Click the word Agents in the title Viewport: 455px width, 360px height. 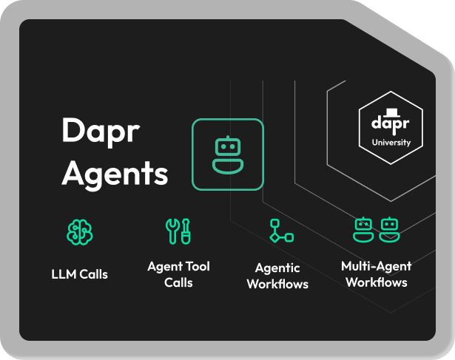[115, 173]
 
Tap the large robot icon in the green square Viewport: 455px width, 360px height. [227, 154]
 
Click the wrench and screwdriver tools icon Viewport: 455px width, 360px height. [178, 231]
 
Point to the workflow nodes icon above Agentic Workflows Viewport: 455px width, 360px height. [280, 231]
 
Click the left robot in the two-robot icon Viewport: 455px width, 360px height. [362, 229]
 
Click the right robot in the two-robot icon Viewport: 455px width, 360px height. [389, 229]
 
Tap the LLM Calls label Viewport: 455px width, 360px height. [79, 274]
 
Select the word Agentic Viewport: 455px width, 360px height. [277, 268]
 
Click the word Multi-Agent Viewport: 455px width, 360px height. [376, 266]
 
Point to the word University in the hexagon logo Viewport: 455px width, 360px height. [391, 142]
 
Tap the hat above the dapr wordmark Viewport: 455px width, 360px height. [391, 112]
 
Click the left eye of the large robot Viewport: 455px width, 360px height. [220, 146]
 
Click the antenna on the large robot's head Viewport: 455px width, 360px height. [227, 136]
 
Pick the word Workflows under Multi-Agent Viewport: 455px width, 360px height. [376, 282]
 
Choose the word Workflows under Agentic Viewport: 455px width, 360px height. [277, 284]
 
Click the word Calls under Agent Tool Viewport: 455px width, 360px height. [178, 282]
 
